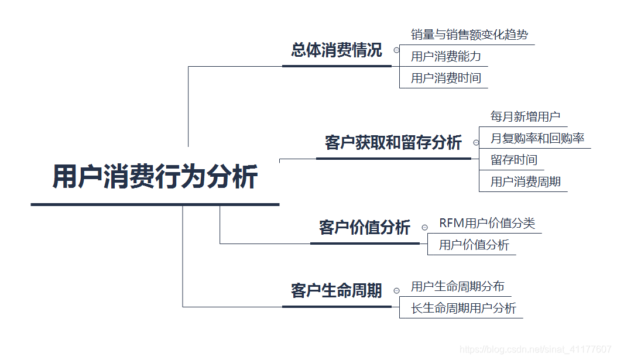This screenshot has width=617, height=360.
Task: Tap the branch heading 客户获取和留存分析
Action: click(393, 143)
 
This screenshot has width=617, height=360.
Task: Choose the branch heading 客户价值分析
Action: click(364, 228)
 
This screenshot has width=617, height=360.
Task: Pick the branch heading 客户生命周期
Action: click(336, 290)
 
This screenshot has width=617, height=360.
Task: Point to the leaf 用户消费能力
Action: click(445, 57)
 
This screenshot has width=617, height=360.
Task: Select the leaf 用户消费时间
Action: click(445, 78)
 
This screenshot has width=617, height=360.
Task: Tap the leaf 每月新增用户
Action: click(525, 117)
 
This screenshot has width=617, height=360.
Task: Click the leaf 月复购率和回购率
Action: click(537, 139)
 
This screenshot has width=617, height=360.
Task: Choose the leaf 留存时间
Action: click(513, 160)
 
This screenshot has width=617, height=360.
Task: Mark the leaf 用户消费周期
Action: click(525, 182)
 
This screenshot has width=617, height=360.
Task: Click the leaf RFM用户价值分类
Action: click(487, 224)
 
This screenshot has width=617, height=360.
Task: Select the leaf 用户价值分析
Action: click(474, 245)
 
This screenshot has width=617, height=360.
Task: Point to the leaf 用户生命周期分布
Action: click(457, 287)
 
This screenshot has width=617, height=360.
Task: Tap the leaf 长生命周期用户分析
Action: click(463, 308)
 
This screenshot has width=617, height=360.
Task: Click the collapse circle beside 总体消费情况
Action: click(396, 51)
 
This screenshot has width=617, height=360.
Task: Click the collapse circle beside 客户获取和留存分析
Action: click(476, 143)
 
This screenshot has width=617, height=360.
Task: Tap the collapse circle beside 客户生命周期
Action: click(396, 290)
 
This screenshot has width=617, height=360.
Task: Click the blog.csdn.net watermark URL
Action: click(536, 349)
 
